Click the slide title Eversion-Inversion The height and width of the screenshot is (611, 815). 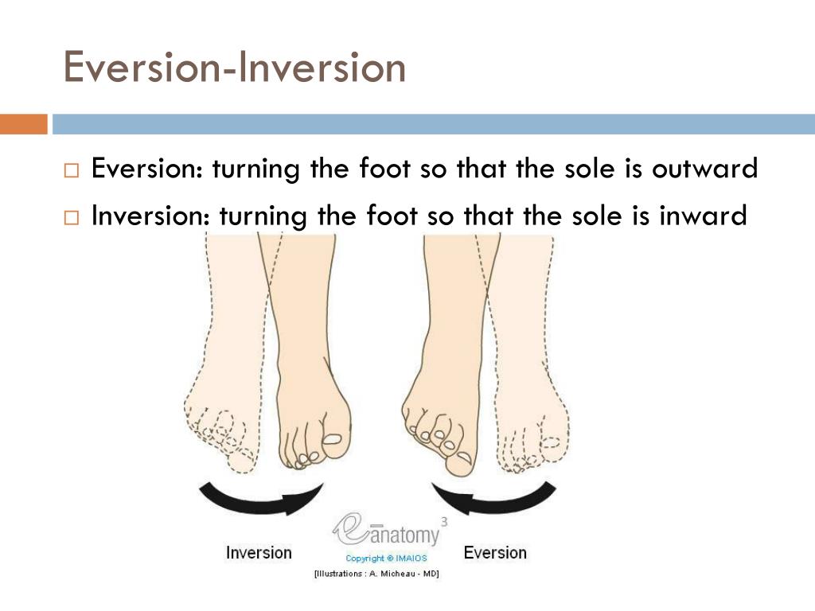click(235, 67)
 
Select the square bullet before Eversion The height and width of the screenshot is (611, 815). click(72, 170)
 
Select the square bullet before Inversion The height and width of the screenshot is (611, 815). click(72, 216)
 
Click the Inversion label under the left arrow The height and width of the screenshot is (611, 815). click(259, 552)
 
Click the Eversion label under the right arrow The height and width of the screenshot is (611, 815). click(494, 552)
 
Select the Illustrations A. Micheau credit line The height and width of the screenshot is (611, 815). click(376, 574)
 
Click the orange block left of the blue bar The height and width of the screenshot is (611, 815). click(23, 124)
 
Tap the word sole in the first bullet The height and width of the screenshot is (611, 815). click(585, 169)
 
